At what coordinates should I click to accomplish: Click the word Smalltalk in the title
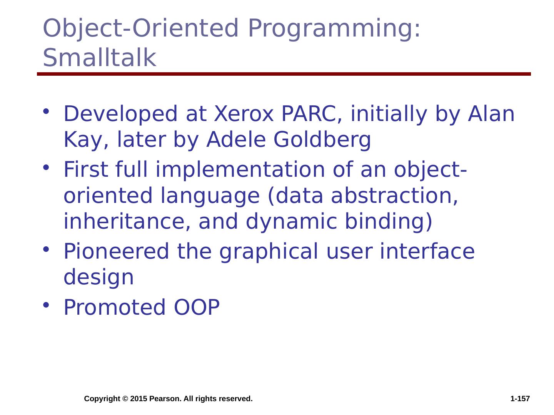pos(100,58)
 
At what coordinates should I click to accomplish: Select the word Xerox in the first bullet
pos(244,114)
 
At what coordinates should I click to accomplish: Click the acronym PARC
pos(312,114)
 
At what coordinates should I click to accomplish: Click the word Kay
pos(86,140)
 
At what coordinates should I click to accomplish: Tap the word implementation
pos(240,170)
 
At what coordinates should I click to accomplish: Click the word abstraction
pos(394,196)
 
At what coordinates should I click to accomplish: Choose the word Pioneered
pos(116,251)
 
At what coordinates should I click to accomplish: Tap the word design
pos(98,277)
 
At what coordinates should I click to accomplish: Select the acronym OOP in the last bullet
pos(197,307)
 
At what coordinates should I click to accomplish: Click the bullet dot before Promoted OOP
pos(46,305)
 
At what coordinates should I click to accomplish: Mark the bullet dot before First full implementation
pos(46,167)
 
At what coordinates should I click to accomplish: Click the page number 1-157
pos(520,398)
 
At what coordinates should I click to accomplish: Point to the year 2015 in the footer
pos(138,398)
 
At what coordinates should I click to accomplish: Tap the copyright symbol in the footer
pos(125,399)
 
